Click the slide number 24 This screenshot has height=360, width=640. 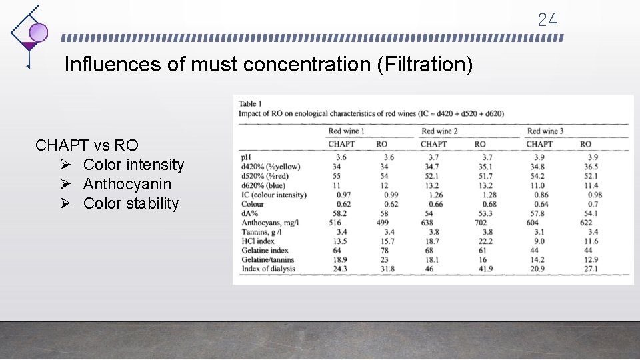click(547, 19)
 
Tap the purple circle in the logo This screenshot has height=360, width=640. click(39, 32)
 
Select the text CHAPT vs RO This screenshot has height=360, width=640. click(87, 145)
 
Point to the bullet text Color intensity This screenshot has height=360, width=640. click(133, 165)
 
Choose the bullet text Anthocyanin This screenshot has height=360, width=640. click(127, 184)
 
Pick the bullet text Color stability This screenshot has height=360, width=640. click(131, 203)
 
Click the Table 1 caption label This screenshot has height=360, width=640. click(250, 104)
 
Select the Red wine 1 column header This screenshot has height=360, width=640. click(347, 131)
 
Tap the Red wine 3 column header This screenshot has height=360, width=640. click(545, 131)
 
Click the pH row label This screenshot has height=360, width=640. click(246, 157)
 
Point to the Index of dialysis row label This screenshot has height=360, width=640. click(268, 269)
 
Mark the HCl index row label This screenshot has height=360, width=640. click(258, 241)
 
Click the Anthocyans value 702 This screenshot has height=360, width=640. click(479, 223)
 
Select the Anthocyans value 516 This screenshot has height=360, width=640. click(335, 223)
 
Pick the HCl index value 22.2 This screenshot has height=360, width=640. click(481, 241)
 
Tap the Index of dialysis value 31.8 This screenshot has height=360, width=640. click(387, 269)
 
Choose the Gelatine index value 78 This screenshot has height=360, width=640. click(381, 251)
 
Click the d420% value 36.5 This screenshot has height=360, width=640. click(591, 167)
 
